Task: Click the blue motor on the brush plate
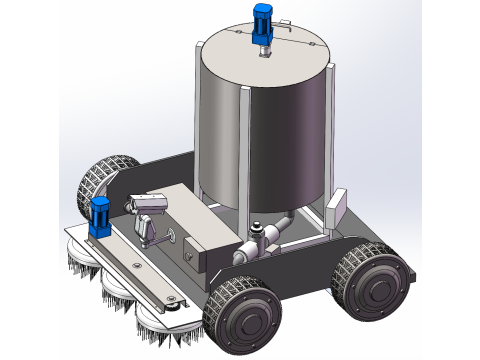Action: click(x=100, y=216)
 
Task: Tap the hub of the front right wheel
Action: click(x=243, y=321)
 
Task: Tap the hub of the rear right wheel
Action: click(x=377, y=287)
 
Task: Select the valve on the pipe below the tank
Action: click(x=262, y=238)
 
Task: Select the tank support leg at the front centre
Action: click(x=240, y=160)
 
